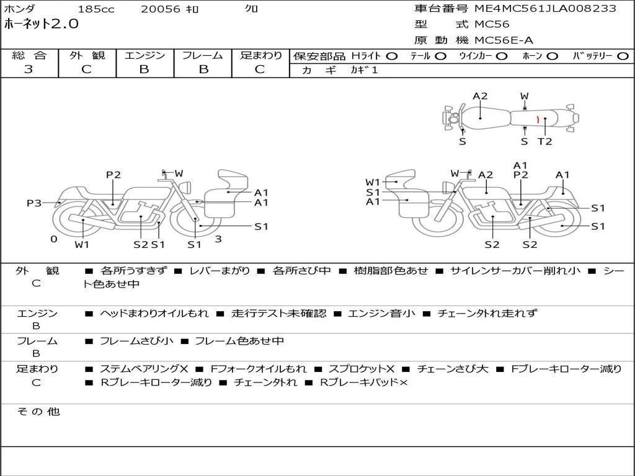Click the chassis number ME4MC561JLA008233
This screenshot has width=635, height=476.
point(545,9)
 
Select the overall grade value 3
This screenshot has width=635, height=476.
point(29,69)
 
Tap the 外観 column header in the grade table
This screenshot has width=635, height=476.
point(87,56)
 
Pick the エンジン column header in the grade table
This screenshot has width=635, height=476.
point(144,56)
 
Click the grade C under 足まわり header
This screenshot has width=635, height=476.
point(260,69)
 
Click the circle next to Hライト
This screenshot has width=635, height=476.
point(391,56)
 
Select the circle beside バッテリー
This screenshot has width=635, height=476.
point(623,56)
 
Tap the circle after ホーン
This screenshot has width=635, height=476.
point(552,56)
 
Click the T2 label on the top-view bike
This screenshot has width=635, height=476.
point(544,141)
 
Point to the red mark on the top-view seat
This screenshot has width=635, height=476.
point(538,118)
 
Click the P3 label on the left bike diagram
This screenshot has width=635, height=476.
point(34,203)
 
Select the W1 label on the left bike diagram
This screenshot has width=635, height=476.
point(82,244)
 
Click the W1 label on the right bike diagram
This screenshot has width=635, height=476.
point(373,182)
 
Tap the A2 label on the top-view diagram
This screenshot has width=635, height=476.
point(480,96)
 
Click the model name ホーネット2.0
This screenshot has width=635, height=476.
point(42,25)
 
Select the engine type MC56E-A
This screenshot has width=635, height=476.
point(504,41)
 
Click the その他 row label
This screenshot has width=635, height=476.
point(38,412)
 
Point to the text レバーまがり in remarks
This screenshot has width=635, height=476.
point(220,271)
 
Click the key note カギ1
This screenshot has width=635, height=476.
point(364,70)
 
